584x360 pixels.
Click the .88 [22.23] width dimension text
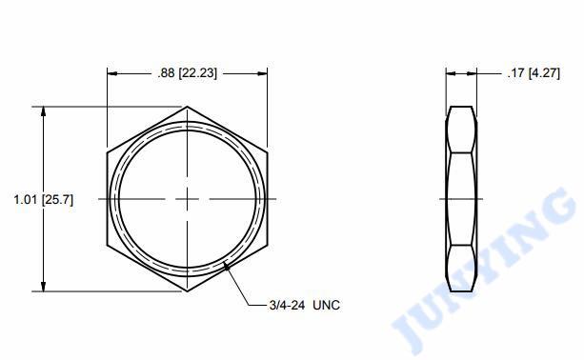(187, 73)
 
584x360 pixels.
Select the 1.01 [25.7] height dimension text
(44, 200)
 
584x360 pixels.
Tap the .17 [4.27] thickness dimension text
(534, 73)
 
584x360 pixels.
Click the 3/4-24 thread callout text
(287, 306)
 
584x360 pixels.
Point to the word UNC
(326, 306)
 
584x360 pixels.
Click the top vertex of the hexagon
(187, 107)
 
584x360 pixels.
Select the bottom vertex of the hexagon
(187, 291)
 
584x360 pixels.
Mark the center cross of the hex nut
(187, 199)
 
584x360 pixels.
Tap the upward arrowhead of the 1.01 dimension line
(44, 111)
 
